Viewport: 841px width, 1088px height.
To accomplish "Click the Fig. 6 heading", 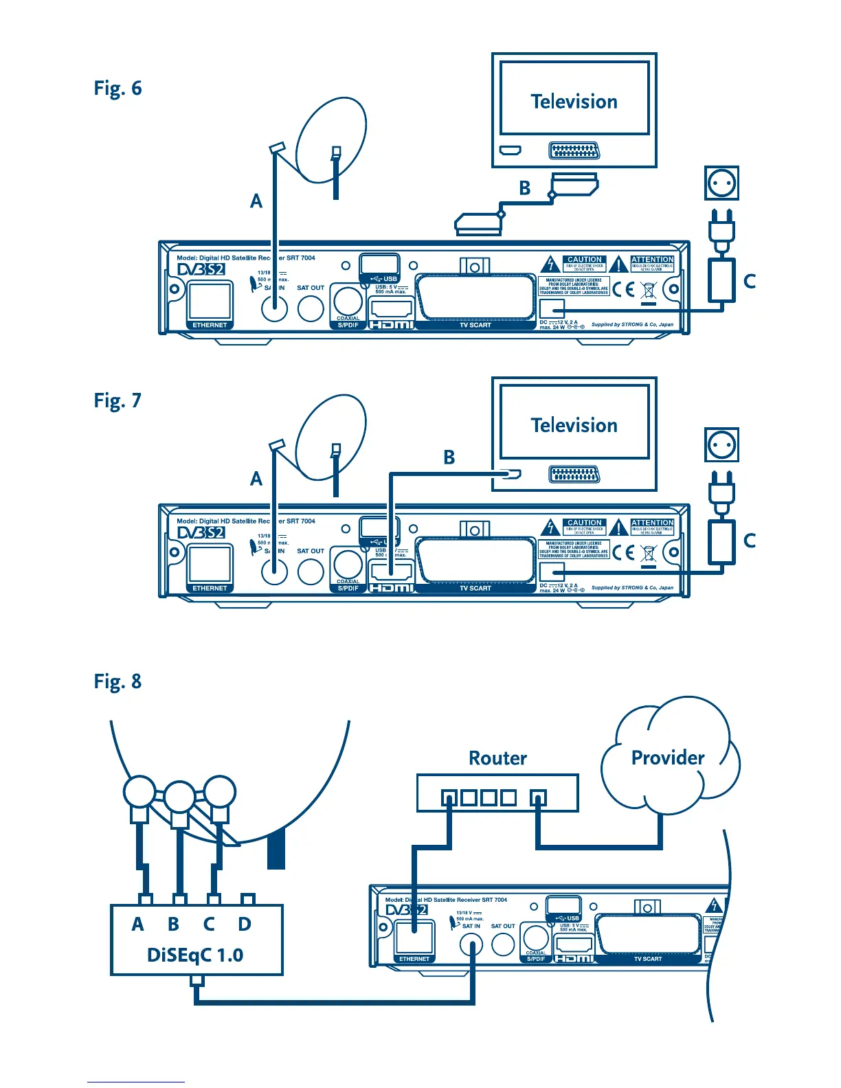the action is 117,89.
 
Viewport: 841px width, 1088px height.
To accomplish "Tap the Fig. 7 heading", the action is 117,400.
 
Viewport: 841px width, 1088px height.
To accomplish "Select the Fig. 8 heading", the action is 117,681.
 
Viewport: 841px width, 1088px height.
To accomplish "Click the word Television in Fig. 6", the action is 574,102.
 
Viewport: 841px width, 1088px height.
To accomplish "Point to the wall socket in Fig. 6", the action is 721,183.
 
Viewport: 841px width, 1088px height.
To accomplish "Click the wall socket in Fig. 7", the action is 721,445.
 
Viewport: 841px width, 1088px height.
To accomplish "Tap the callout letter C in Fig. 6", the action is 750,281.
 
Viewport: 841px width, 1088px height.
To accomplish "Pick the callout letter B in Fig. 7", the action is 449,457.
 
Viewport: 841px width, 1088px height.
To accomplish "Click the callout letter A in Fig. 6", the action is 256,201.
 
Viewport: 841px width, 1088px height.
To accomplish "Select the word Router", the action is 497,758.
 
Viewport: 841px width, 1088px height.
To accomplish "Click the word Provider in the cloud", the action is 667,758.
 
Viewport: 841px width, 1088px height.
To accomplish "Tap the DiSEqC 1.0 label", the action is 195,955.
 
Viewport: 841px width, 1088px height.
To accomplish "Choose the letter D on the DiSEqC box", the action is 245,925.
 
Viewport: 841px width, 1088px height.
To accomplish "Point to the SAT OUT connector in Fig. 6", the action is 311,308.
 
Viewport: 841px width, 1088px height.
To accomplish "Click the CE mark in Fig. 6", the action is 623,289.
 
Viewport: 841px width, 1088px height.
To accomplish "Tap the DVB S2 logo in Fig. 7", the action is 201,532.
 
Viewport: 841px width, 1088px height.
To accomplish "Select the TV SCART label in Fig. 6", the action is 475,325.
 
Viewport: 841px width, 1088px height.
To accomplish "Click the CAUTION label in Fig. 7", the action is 585,523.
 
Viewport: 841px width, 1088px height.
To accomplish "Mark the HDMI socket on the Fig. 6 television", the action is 510,150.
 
